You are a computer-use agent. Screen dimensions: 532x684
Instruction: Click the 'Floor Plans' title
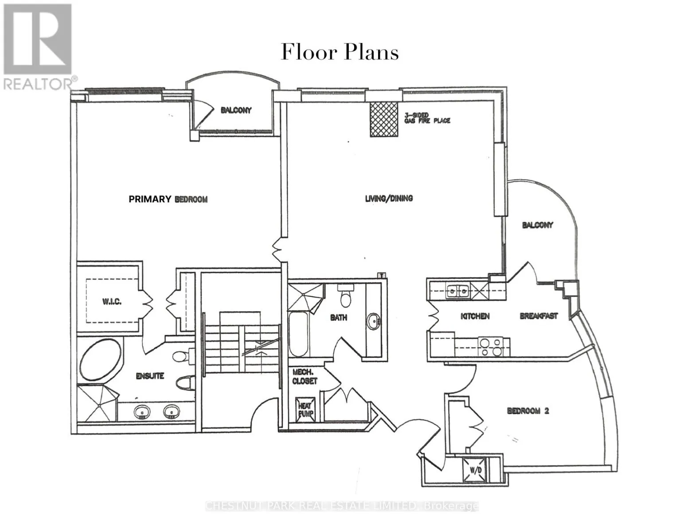click(340, 52)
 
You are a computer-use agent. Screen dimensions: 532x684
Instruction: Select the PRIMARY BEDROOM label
click(168, 199)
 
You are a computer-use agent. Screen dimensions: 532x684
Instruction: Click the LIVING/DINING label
click(389, 198)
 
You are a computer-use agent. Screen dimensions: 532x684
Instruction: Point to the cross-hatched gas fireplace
click(383, 119)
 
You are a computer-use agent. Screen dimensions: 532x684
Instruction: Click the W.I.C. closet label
click(112, 301)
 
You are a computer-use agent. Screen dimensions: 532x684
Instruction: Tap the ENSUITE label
click(150, 376)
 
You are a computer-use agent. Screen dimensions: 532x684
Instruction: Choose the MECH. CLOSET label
click(305, 377)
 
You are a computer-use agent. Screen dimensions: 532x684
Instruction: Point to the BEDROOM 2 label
click(528, 411)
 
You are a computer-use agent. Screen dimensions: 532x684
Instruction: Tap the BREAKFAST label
click(538, 316)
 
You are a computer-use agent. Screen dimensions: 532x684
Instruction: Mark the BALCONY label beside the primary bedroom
click(236, 110)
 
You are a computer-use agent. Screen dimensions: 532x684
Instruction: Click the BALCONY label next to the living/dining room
click(537, 225)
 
